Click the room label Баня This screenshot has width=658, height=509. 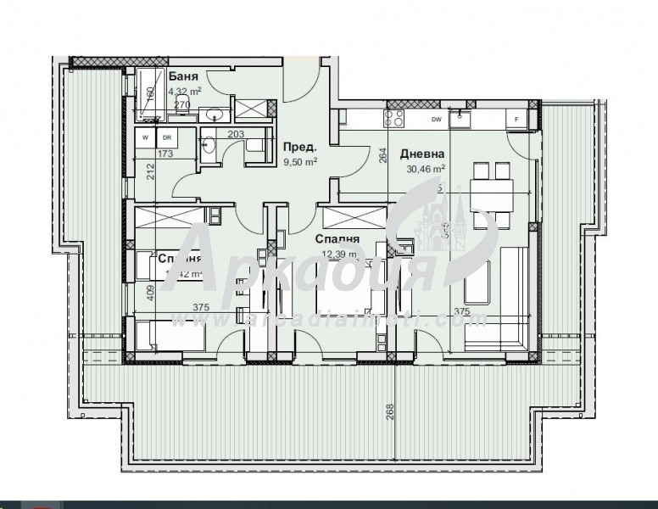pos(183,77)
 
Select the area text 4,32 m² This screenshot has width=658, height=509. pos(184,92)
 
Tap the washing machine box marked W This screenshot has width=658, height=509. pos(145,137)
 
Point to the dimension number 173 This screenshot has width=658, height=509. pos(165,154)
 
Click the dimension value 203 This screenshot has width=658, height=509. pos(235,133)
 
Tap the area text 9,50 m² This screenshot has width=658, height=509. pos(300,160)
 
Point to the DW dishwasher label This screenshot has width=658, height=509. pos(437,120)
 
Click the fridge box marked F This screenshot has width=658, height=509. pos(516,120)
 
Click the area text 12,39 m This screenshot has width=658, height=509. pos(340,253)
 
